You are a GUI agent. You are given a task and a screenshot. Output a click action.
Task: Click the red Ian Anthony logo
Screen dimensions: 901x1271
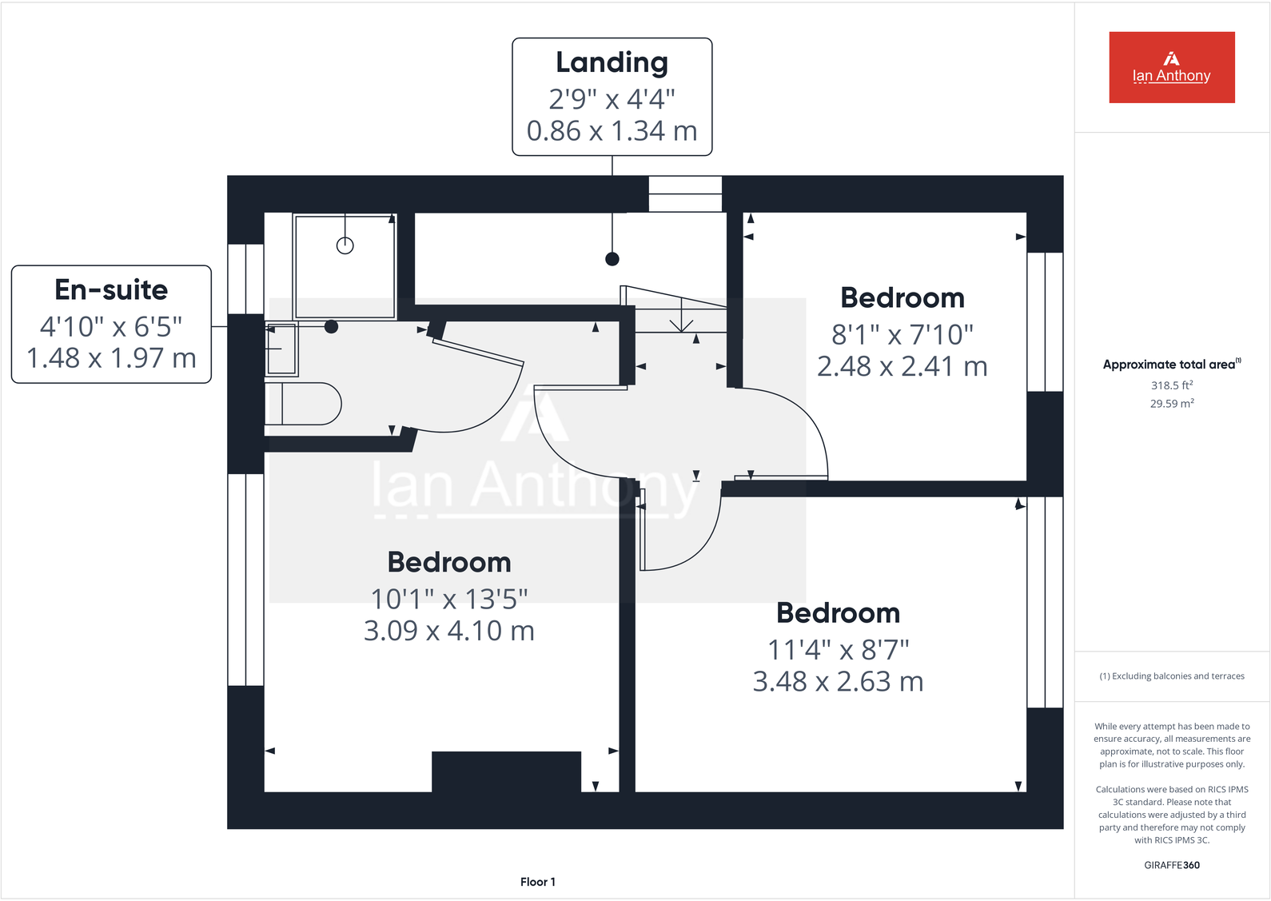click(1171, 67)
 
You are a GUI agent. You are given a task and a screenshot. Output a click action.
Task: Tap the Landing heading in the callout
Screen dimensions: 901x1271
click(612, 62)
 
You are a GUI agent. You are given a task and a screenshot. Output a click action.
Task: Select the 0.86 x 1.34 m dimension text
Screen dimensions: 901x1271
click(612, 131)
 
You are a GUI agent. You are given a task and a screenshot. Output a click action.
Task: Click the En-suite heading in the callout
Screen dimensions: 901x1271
click(111, 289)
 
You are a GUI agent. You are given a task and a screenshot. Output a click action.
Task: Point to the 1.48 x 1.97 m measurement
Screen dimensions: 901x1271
click(111, 358)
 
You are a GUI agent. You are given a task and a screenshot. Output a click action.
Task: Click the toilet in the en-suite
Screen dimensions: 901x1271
click(304, 404)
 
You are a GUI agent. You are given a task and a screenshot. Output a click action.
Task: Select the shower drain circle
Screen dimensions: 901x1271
click(345, 245)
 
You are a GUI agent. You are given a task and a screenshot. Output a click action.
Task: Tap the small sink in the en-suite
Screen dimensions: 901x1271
click(281, 349)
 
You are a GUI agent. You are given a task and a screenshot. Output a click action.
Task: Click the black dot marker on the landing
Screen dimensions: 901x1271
click(612, 259)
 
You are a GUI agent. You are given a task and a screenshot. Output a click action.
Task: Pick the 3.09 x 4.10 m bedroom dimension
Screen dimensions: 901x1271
click(448, 631)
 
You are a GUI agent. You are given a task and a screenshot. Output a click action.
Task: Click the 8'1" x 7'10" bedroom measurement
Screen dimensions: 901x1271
click(902, 334)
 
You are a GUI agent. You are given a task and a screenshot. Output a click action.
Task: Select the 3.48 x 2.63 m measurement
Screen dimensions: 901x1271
click(838, 682)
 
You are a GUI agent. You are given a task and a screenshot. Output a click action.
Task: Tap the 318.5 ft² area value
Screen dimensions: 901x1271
click(1171, 385)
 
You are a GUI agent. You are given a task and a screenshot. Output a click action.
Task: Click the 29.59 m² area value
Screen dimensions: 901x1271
click(1171, 404)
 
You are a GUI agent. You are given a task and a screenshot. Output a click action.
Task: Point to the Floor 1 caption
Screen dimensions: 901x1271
click(537, 882)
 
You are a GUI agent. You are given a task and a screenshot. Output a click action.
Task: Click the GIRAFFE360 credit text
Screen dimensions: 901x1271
click(1171, 865)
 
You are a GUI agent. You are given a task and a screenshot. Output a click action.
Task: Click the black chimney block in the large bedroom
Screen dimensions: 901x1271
click(506, 771)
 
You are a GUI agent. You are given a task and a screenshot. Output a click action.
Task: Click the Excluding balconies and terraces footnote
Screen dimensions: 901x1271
click(1172, 676)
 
